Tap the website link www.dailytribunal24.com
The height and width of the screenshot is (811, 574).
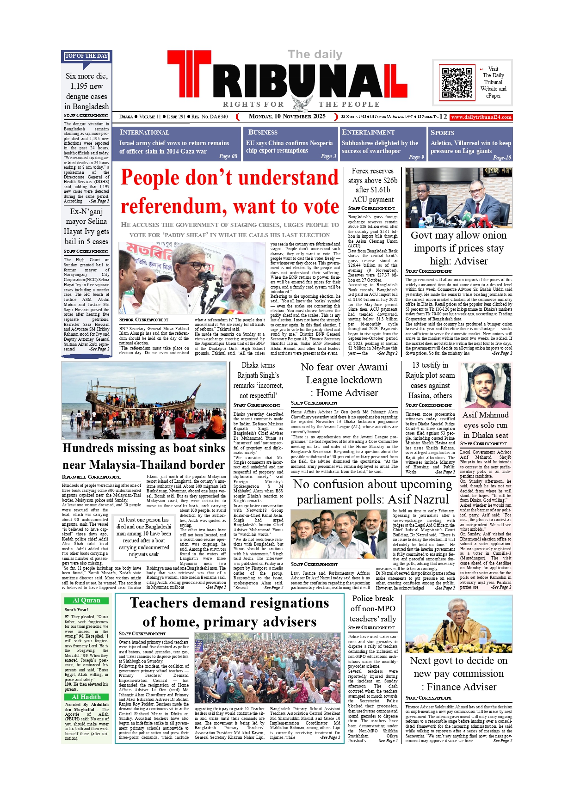[481, 117]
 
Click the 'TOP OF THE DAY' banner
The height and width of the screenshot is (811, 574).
[86, 56]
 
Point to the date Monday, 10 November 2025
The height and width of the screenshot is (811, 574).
[287, 117]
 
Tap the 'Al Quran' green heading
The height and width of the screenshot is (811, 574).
[86, 601]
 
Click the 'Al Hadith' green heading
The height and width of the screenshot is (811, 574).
[86, 697]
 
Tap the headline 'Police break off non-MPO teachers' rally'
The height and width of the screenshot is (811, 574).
[372, 608]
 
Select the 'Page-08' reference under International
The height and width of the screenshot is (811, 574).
[228, 156]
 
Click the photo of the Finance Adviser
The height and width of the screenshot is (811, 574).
[458, 622]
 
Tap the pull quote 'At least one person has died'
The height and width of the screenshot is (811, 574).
[144, 536]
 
